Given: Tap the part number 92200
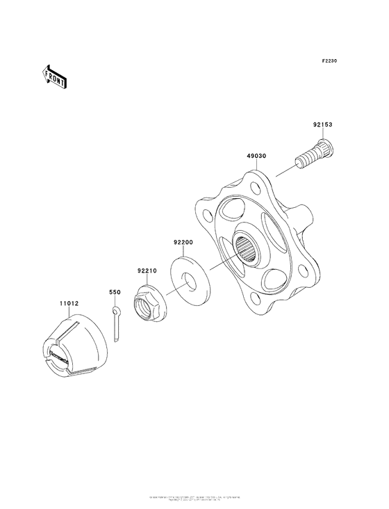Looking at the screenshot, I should [183, 243].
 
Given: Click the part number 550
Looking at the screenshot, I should [115, 293].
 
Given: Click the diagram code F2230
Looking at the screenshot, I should [329, 61].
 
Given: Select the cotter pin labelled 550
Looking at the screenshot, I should [117, 325].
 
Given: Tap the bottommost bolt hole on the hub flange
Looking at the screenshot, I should [254, 301].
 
